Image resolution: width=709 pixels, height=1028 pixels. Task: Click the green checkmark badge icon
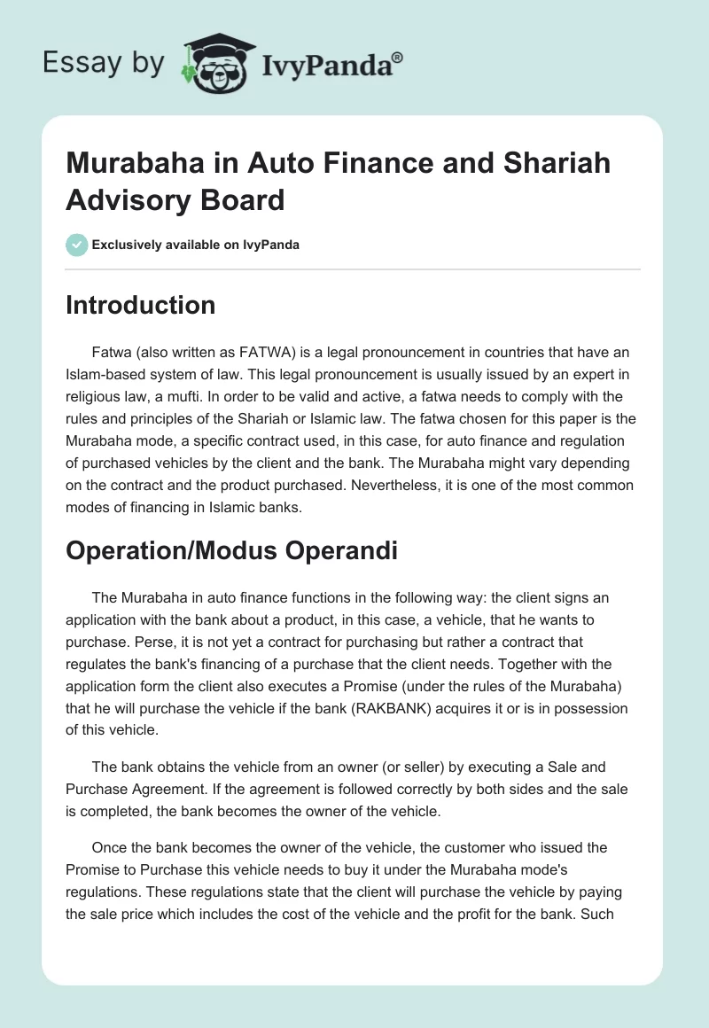(77, 245)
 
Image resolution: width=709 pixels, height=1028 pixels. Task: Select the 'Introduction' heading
(140, 305)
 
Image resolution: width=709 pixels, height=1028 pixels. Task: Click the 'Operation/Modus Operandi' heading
(231, 550)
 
